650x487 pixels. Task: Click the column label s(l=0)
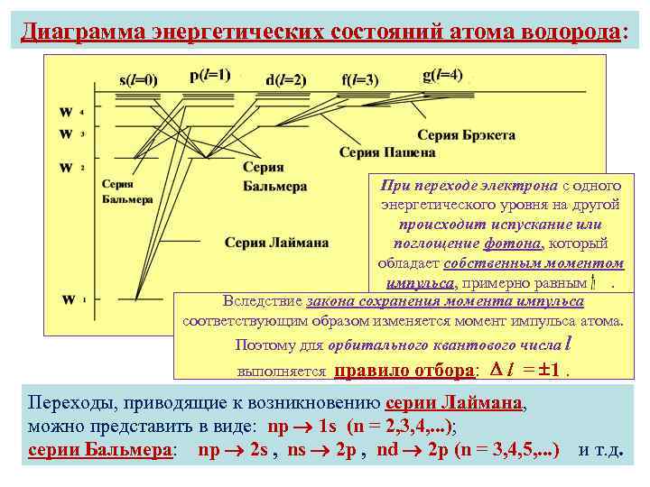(x=139, y=79)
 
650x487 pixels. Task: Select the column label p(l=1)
(x=210, y=75)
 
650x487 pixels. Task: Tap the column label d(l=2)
(x=286, y=79)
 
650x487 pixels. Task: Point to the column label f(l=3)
(x=360, y=79)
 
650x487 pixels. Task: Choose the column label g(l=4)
(x=443, y=75)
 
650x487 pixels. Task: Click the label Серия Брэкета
(x=466, y=135)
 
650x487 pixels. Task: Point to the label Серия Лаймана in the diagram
(x=276, y=242)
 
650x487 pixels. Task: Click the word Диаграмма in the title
(x=85, y=32)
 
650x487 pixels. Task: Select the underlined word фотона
(x=512, y=243)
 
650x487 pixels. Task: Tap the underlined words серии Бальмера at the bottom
(x=100, y=449)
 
